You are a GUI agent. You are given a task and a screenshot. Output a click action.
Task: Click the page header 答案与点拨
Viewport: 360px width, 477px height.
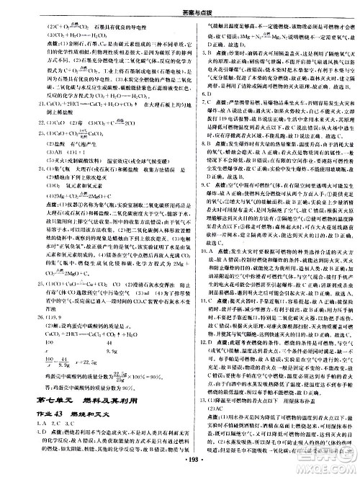[180, 6]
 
